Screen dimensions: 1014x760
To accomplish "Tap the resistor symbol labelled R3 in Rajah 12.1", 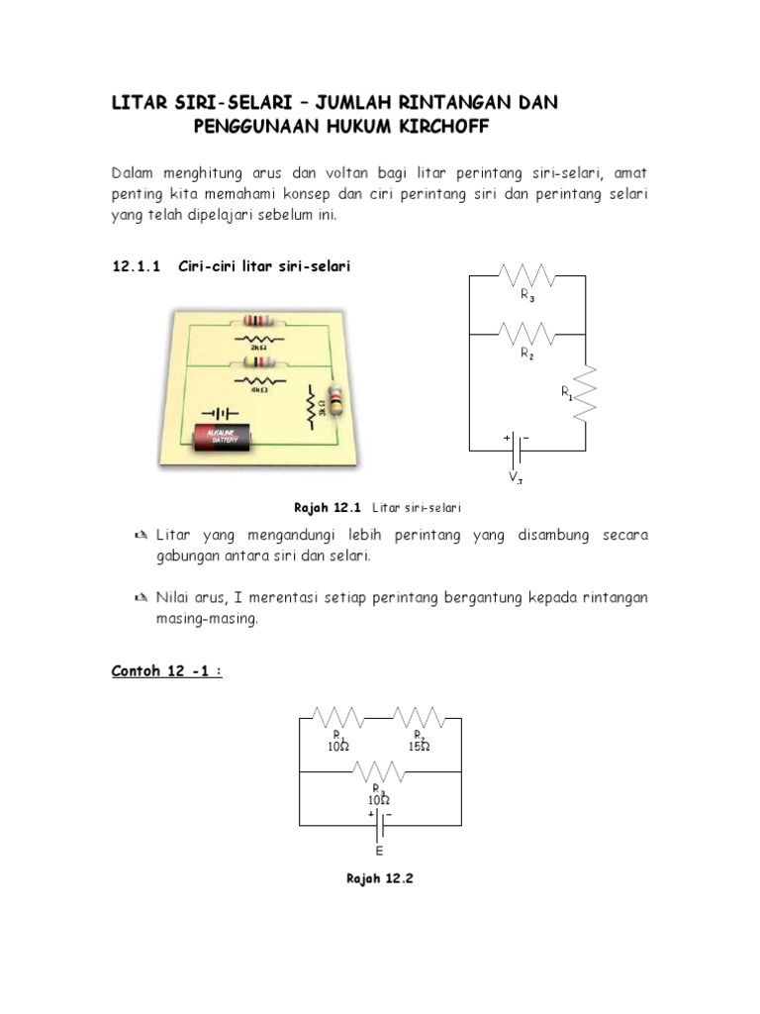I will [526, 275].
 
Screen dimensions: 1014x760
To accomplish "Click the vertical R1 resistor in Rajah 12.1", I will [585, 393].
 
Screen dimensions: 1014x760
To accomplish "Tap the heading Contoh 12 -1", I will [165, 672].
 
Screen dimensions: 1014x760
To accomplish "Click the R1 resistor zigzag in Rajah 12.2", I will [339, 716].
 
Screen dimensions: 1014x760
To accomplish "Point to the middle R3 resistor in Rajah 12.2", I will [380, 771].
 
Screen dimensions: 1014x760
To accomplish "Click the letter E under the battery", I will [380, 850].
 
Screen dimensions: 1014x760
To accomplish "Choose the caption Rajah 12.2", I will [379, 878].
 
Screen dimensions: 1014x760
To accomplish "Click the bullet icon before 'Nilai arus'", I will [142, 598].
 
